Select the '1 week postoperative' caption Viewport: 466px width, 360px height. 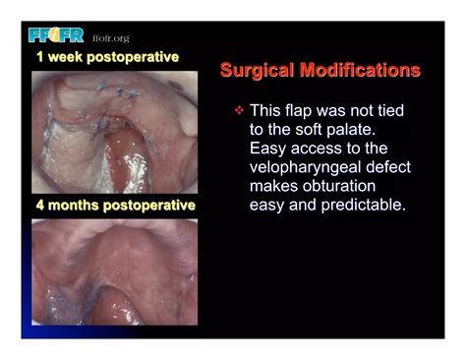coord(107,57)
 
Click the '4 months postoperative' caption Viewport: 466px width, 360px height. coord(112,206)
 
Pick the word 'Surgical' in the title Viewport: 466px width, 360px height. coord(259,71)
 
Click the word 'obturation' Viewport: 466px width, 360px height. coord(345,186)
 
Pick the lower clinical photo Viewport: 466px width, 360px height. coord(113,270)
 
